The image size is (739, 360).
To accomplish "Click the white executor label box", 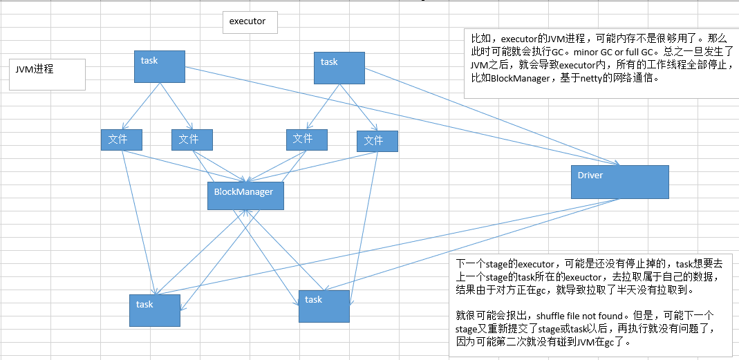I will click(250, 22).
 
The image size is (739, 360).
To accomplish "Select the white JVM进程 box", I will click(49, 74).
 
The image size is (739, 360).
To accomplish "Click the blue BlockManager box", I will click(245, 196).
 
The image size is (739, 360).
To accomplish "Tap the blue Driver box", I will click(619, 182).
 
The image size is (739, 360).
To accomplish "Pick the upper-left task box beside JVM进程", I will click(160, 66).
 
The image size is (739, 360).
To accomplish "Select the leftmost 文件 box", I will click(121, 140).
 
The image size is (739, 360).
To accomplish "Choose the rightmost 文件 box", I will click(377, 141).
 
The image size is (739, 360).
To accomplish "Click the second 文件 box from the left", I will click(191, 140).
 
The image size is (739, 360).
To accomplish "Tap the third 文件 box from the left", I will click(306, 139).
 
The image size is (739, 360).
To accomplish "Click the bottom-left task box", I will click(154, 310).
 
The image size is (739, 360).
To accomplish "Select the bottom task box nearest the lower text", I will click(324, 305).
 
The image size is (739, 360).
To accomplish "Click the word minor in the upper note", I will click(588, 52).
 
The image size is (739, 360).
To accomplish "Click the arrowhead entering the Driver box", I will click(615, 164).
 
